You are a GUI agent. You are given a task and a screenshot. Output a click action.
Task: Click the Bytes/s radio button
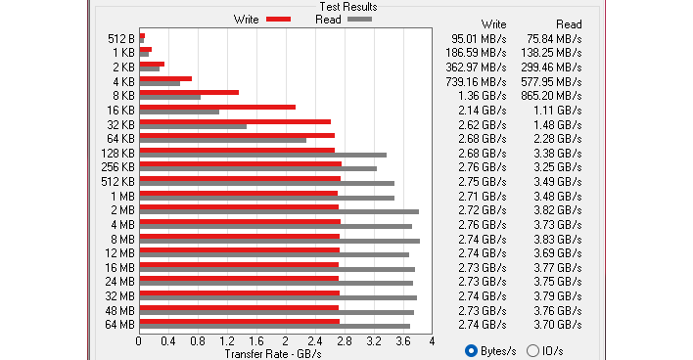coord(472,350)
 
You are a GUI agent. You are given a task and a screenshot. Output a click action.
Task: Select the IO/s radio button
coord(532,350)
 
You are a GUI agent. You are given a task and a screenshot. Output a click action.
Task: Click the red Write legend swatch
coord(278,19)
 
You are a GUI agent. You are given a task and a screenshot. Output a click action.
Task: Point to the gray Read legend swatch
coord(359,19)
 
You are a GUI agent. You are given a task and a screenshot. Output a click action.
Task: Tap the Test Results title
coord(347,7)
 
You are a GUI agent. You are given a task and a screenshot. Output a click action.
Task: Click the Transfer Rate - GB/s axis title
coord(273,353)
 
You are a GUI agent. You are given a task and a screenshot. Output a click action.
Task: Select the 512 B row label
coord(120,38)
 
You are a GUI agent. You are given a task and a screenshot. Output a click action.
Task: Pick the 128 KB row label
coord(117,153)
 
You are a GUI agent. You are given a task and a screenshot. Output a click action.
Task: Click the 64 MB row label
coord(119,324)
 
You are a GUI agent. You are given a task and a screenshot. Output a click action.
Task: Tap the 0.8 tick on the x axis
coord(198,341)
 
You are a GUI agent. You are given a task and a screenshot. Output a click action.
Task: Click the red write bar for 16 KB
coord(217,107)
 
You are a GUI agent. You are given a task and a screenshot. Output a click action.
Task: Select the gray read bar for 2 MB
coord(279,211)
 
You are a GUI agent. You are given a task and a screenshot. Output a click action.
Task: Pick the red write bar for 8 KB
coord(189,92)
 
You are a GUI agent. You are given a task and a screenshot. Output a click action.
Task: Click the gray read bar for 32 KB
coord(193,126)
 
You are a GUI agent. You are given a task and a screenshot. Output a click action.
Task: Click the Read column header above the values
coord(568,23)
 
